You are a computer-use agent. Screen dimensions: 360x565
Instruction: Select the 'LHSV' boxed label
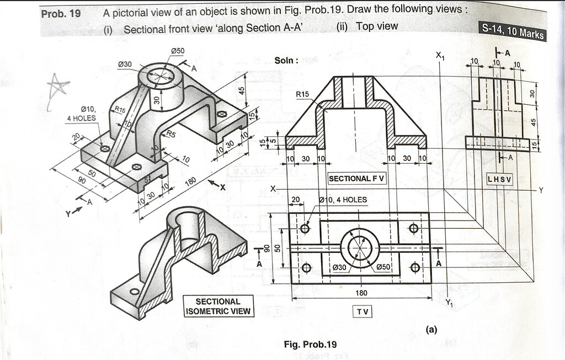[x=499, y=179]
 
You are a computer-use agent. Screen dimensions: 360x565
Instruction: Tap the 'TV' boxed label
[x=363, y=311]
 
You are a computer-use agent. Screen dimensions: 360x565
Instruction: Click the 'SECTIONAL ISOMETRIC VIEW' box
[x=218, y=306]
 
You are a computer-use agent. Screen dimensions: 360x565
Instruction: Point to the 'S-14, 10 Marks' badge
[x=513, y=31]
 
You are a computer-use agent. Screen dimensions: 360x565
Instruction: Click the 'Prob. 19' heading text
[x=61, y=13]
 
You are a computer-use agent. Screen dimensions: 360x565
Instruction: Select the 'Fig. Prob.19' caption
[x=310, y=345]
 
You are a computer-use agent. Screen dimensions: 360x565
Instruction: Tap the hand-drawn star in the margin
[x=58, y=88]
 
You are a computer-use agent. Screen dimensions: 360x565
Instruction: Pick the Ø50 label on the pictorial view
[x=177, y=51]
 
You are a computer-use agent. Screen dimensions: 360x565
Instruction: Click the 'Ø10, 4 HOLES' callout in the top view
[x=343, y=200]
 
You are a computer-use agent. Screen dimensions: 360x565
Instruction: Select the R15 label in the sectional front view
[x=302, y=94]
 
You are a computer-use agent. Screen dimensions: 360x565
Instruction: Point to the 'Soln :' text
[x=286, y=60]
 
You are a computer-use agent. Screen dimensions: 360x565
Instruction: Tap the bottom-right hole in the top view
[x=415, y=268]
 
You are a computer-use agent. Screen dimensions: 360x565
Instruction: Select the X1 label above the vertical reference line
[x=441, y=55]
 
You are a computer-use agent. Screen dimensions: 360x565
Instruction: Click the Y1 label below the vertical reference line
[x=451, y=302]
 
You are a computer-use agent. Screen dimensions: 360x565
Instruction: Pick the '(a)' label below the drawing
[x=431, y=330]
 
